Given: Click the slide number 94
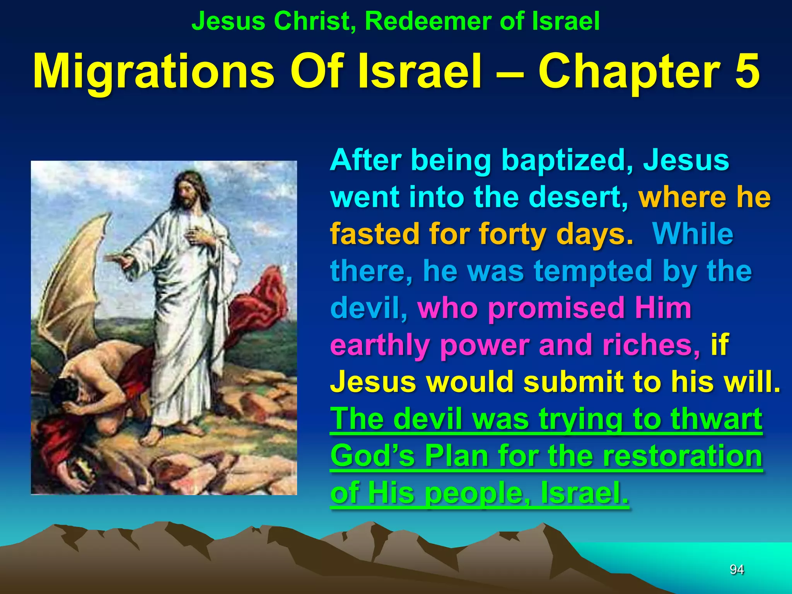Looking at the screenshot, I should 736,569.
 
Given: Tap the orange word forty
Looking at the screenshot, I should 512,234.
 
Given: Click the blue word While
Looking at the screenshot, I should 692,234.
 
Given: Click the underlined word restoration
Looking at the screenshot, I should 682,456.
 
